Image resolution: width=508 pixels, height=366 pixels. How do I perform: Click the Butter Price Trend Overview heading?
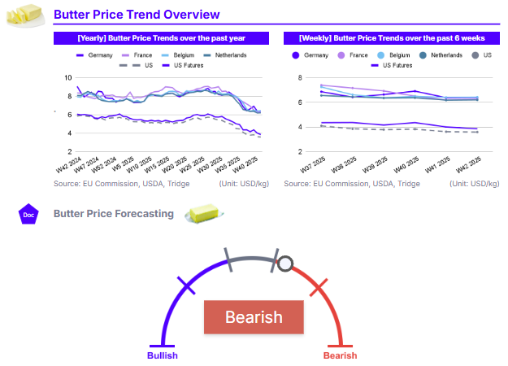click(x=136, y=14)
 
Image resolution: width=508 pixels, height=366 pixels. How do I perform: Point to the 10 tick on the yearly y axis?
click(x=68, y=78)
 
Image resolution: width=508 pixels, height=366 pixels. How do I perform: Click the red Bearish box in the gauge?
click(x=253, y=317)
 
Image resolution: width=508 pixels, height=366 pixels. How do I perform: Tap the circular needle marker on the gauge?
click(x=285, y=264)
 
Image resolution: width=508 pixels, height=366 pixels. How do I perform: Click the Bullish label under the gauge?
click(x=162, y=355)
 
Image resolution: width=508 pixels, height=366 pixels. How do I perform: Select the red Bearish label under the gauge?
click(x=340, y=355)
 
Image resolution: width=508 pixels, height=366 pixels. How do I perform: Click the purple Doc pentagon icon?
click(x=28, y=215)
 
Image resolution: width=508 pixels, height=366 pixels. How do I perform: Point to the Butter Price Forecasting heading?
click(x=113, y=214)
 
